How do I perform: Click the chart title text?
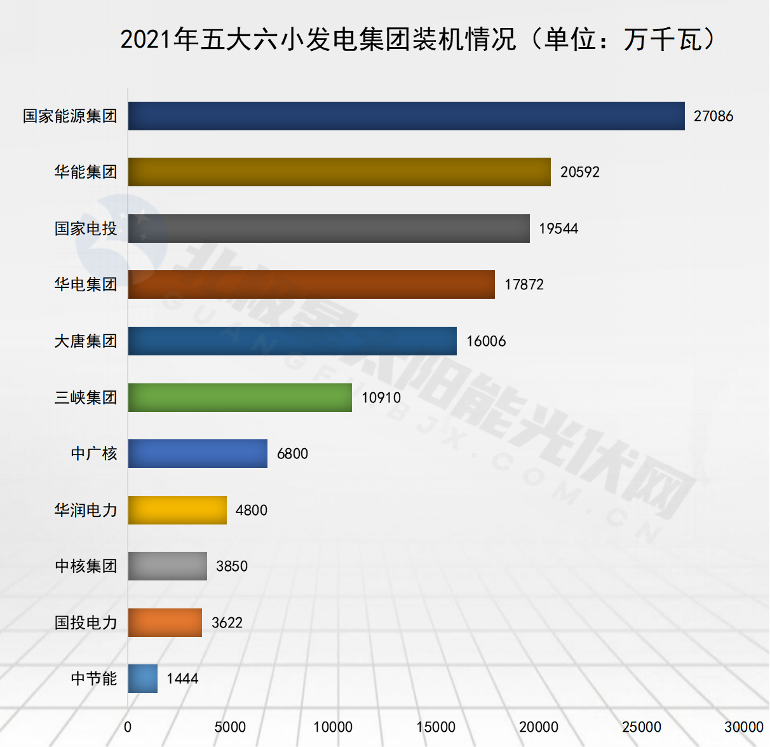pyautogui.click(x=419, y=39)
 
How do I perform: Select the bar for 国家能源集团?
pyautogui.click(x=406, y=116)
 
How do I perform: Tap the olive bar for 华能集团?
pyautogui.click(x=339, y=172)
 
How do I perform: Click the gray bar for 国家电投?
pyautogui.click(x=328, y=228)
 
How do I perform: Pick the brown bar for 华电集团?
pyautogui.click(x=311, y=284)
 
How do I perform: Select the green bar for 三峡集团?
pyautogui.click(x=240, y=397)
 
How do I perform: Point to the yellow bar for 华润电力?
pyautogui.click(x=177, y=510)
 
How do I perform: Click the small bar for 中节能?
pyautogui.click(x=142, y=678)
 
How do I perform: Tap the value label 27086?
pyautogui.click(x=713, y=116)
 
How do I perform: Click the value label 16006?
pyautogui.click(x=486, y=341)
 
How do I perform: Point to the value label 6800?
pyautogui.click(x=292, y=453)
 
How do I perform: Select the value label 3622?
pyautogui.click(x=227, y=622)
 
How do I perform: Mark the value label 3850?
pyautogui.click(x=232, y=566)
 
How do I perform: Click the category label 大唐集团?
pyautogui.click(x=86, y=341)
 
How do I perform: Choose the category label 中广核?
pyautogui.click(x=94, y=453)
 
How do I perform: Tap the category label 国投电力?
pyautogui.click(x=86, y=622)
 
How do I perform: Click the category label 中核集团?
pyautogui.click(x=86, y=566)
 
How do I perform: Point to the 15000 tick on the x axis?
pyautogui.click(x=436, y=727)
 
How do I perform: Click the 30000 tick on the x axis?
pyautogui.click(x=744, y=727)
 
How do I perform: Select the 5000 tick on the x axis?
pyautogui.click(x=230, y=727)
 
